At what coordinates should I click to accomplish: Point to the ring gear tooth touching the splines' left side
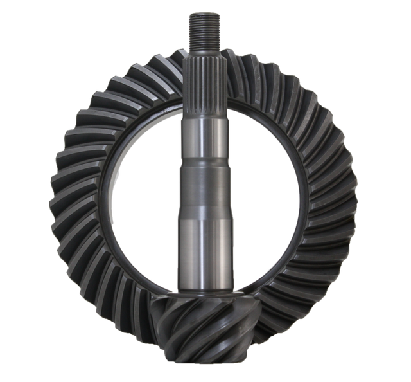177,71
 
